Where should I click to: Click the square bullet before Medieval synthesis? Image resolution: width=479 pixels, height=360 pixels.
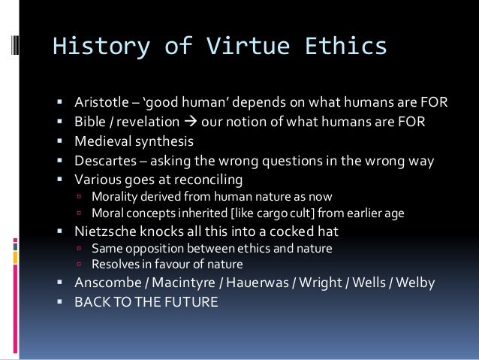[x=59, y=141]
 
